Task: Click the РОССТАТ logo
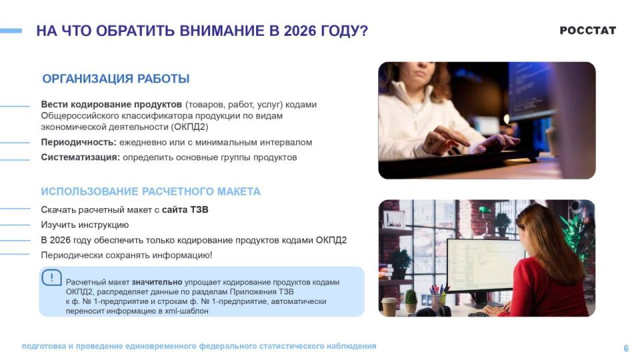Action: point(587,31)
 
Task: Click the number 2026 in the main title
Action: point(299,31)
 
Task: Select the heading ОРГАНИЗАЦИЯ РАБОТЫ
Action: point(116,79)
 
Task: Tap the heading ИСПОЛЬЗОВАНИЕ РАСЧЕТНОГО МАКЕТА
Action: point(151,191)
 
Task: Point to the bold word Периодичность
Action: point(79,143)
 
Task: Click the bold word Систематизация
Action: point(81,157)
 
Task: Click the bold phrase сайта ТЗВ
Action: point(185,210)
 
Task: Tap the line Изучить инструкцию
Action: point(85,225)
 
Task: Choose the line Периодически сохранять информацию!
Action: point(127,255)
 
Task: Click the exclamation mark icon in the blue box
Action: point(51,277)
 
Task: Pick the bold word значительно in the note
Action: point(157,282)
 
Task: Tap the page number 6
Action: point(626,348)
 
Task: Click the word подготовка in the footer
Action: point(44,347)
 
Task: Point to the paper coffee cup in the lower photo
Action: point(389,307)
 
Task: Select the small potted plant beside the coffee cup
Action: point(411,301)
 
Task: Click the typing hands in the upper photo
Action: point(469,141)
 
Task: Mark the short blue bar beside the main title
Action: point(11,31)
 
